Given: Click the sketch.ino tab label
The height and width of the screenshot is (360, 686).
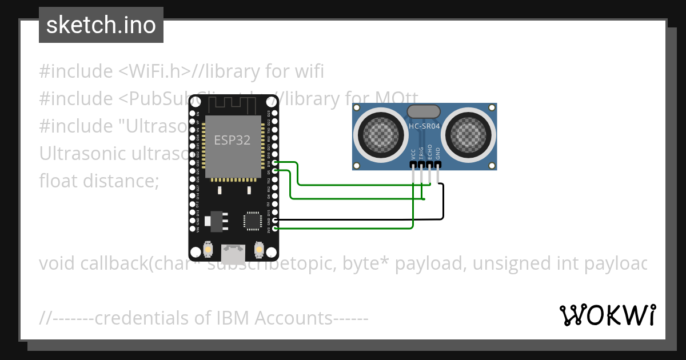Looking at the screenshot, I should (101, 25).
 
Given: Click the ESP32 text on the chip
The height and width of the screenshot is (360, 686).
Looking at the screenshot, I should (232, 140).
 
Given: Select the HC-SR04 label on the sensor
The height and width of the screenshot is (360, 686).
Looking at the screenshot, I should (424, 126).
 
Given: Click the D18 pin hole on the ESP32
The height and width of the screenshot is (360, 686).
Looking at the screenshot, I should (276, 163).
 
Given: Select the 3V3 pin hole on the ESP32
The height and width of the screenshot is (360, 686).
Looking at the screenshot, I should (276, 229).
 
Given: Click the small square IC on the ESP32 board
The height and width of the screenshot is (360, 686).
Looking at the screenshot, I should (252, 221).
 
